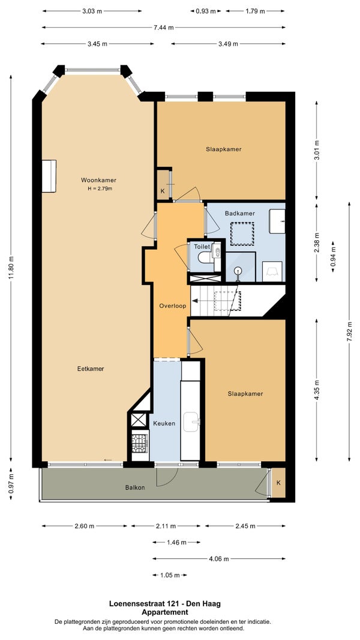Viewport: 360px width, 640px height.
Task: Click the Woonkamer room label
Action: click(98, 180)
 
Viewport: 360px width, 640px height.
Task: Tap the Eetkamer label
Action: click(91, 369)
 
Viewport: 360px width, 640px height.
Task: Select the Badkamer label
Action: click(240, 213)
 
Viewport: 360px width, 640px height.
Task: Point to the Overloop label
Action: click(172, 306)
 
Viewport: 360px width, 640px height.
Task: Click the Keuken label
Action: click(164, 423)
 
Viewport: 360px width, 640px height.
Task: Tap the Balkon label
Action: click(135, 487)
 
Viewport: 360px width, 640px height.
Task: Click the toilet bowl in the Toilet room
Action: click(204, 258)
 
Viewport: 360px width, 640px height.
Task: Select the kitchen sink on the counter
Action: click(191, 421)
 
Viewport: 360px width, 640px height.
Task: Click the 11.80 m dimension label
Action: click(11, 268)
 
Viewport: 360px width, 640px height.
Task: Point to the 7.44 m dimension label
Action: click(163, 28)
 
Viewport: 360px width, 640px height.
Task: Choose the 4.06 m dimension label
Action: click(218, 559)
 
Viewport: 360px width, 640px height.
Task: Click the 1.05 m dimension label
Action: click(170, 575)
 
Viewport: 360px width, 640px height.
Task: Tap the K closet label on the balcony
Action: click(278, 483)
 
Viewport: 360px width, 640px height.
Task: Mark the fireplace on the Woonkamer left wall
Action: click(49, 176)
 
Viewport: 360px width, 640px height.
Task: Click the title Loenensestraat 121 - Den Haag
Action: click(165, 603)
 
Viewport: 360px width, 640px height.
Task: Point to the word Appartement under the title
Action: click(165, 612)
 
